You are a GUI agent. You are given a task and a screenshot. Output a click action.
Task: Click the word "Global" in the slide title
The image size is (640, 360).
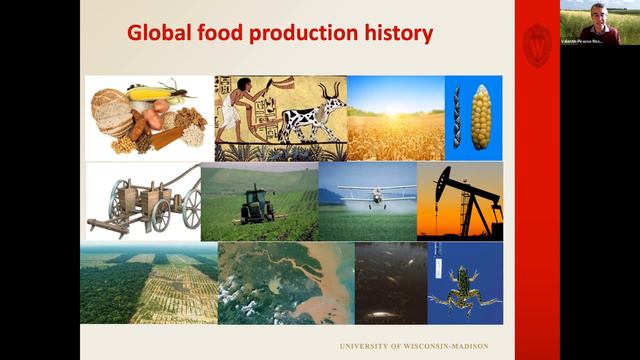point(158,34)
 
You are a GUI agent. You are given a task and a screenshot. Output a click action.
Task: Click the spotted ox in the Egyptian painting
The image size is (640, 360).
point(311,118)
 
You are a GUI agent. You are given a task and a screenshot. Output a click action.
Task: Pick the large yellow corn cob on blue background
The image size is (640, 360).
point(481,117)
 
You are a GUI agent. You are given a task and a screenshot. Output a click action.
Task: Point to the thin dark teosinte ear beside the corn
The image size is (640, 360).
point(457,117)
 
